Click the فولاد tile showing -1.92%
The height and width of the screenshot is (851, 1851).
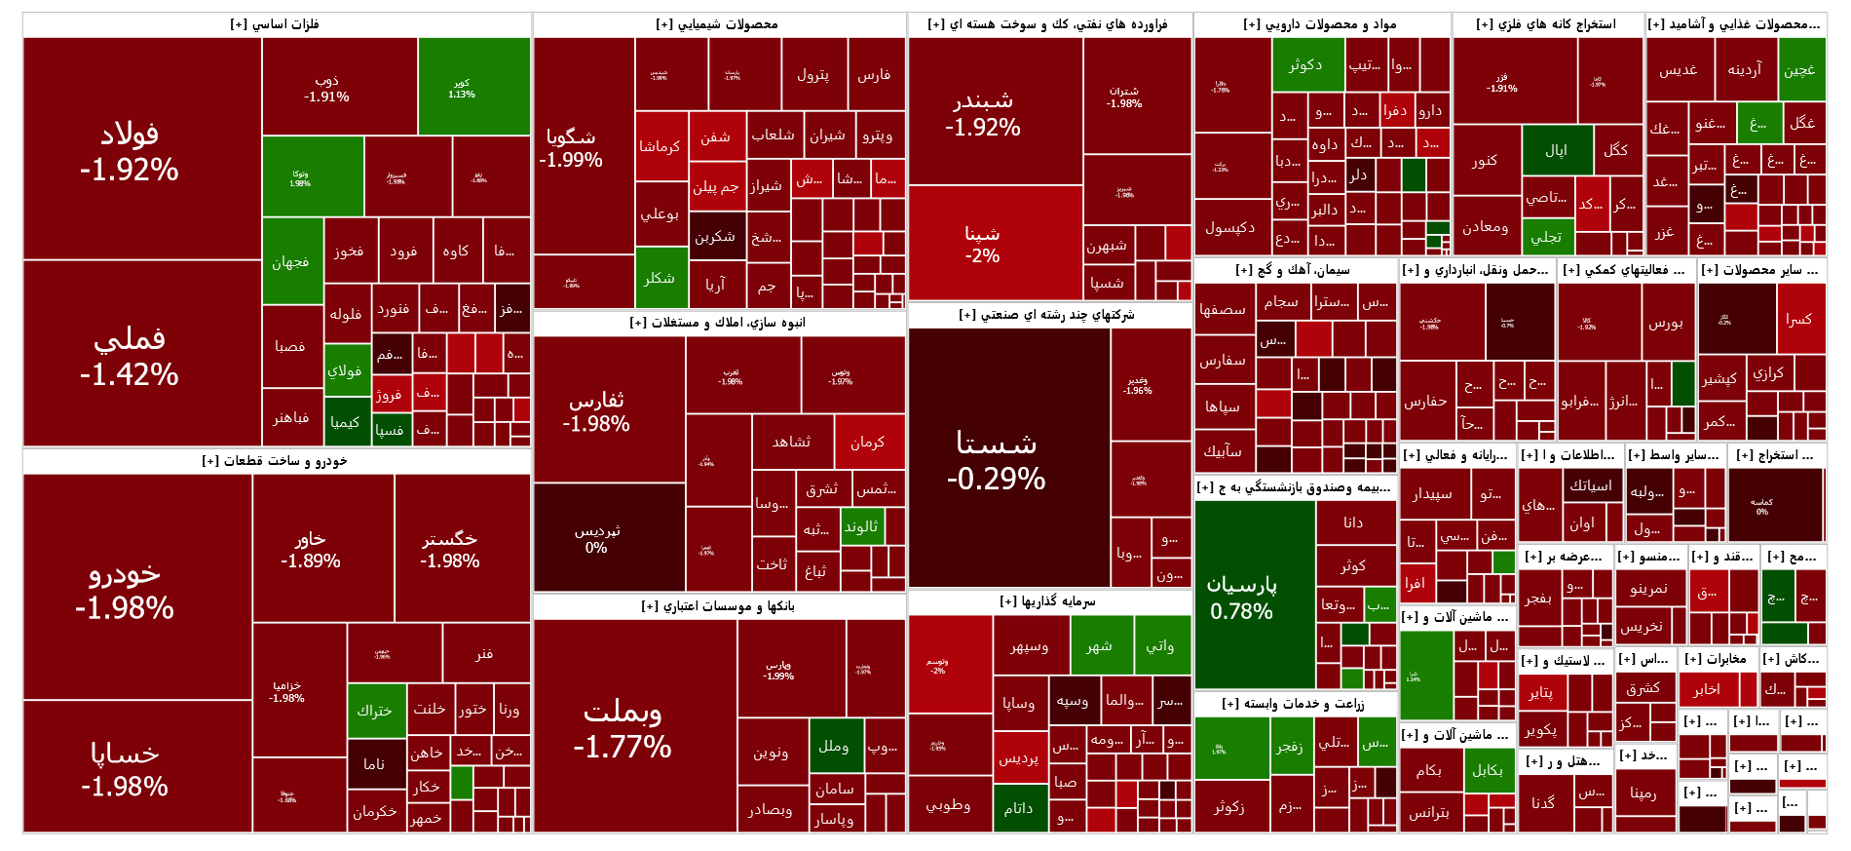tap(130, 151)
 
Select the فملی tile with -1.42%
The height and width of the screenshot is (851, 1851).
tap(130, 355)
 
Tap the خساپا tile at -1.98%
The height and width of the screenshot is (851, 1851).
tap(125, 767)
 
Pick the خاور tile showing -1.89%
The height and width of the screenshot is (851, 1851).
tap(311, 549)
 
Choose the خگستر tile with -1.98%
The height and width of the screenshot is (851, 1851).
tap(449, 549)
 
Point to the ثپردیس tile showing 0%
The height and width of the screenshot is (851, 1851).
tap(596, 538)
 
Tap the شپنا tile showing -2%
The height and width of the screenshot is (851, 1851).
tap(982, 244)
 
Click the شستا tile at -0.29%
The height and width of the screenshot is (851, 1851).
tap(997, 459)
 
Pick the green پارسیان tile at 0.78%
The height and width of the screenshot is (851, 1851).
tap(1242, 596)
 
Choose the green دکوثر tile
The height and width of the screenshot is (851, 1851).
tap(1305, 65)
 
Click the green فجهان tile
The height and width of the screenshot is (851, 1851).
tap(290, 261)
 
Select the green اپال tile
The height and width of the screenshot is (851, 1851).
tap(1556, 150)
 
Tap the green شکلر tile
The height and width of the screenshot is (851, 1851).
tap(660, 278)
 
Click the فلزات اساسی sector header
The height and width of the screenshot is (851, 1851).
tap(276, 24)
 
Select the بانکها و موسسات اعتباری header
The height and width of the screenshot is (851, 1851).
tap(718, 606)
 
